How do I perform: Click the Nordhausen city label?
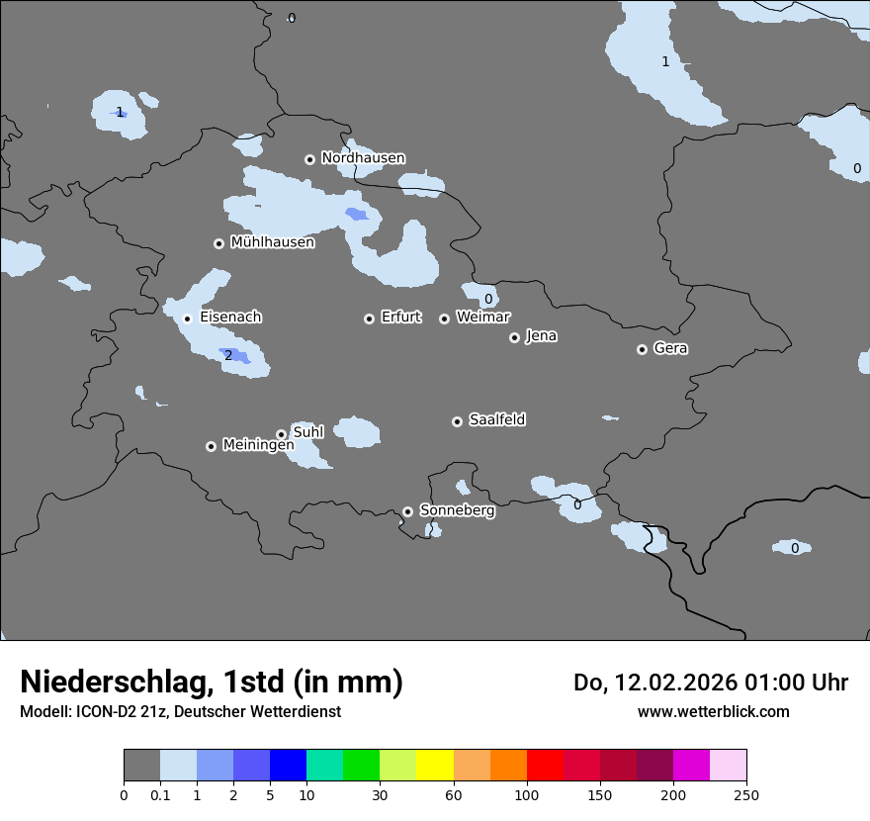pyautogui.click(x=363, y=158)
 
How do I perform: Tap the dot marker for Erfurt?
pyautogui.click(x=369, y=319)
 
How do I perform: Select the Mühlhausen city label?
pyautogui.click(x=272, y=242)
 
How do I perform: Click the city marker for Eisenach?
pyautogui.click(x=187, y=319)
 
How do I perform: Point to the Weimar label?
pyautogui.click(x=482, y=318)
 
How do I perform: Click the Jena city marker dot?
pyautogui.click(x=514, y=337)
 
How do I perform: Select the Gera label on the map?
pyautogui.click(x=670, y=348)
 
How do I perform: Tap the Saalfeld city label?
pyautogui.click(x=496, y=420)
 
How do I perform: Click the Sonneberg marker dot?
pyautogui.click(x=407, y=511)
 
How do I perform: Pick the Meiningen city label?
pyautogui.click(x=258, y=445)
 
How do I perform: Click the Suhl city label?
pyautogui.click(x=308, y=432)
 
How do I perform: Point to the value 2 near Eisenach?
pyautogui.click(x=228, y=356)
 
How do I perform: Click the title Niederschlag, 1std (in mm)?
pyautogui.click(x=212, y=683)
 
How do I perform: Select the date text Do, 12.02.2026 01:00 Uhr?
pyautogui.click(x=710, y=683)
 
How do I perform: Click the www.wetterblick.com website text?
pyautogui.click(x=713, y=711)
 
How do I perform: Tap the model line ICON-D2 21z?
pyautogui.click(x=180, y=711)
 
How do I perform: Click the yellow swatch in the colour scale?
pyautogui.click(x=435, y=766)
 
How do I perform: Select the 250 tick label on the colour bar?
pyautogui.click(x=745, y=794)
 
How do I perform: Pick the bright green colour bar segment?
pyautogui.click(x=362, y=766)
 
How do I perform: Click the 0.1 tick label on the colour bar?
pyautogui.click(x=159, y=794)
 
